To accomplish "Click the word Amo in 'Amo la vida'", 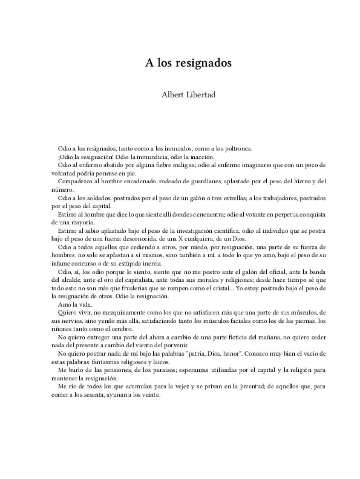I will pyautogui.click(x=64, y=304).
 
